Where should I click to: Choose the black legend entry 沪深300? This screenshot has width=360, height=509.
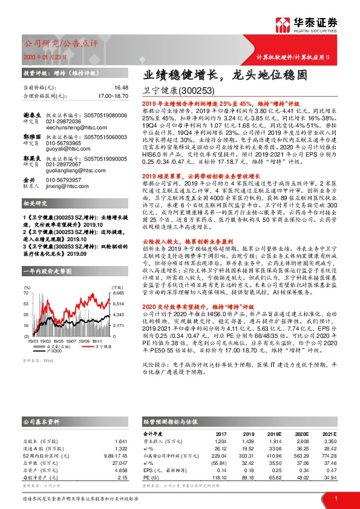(59, 352)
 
